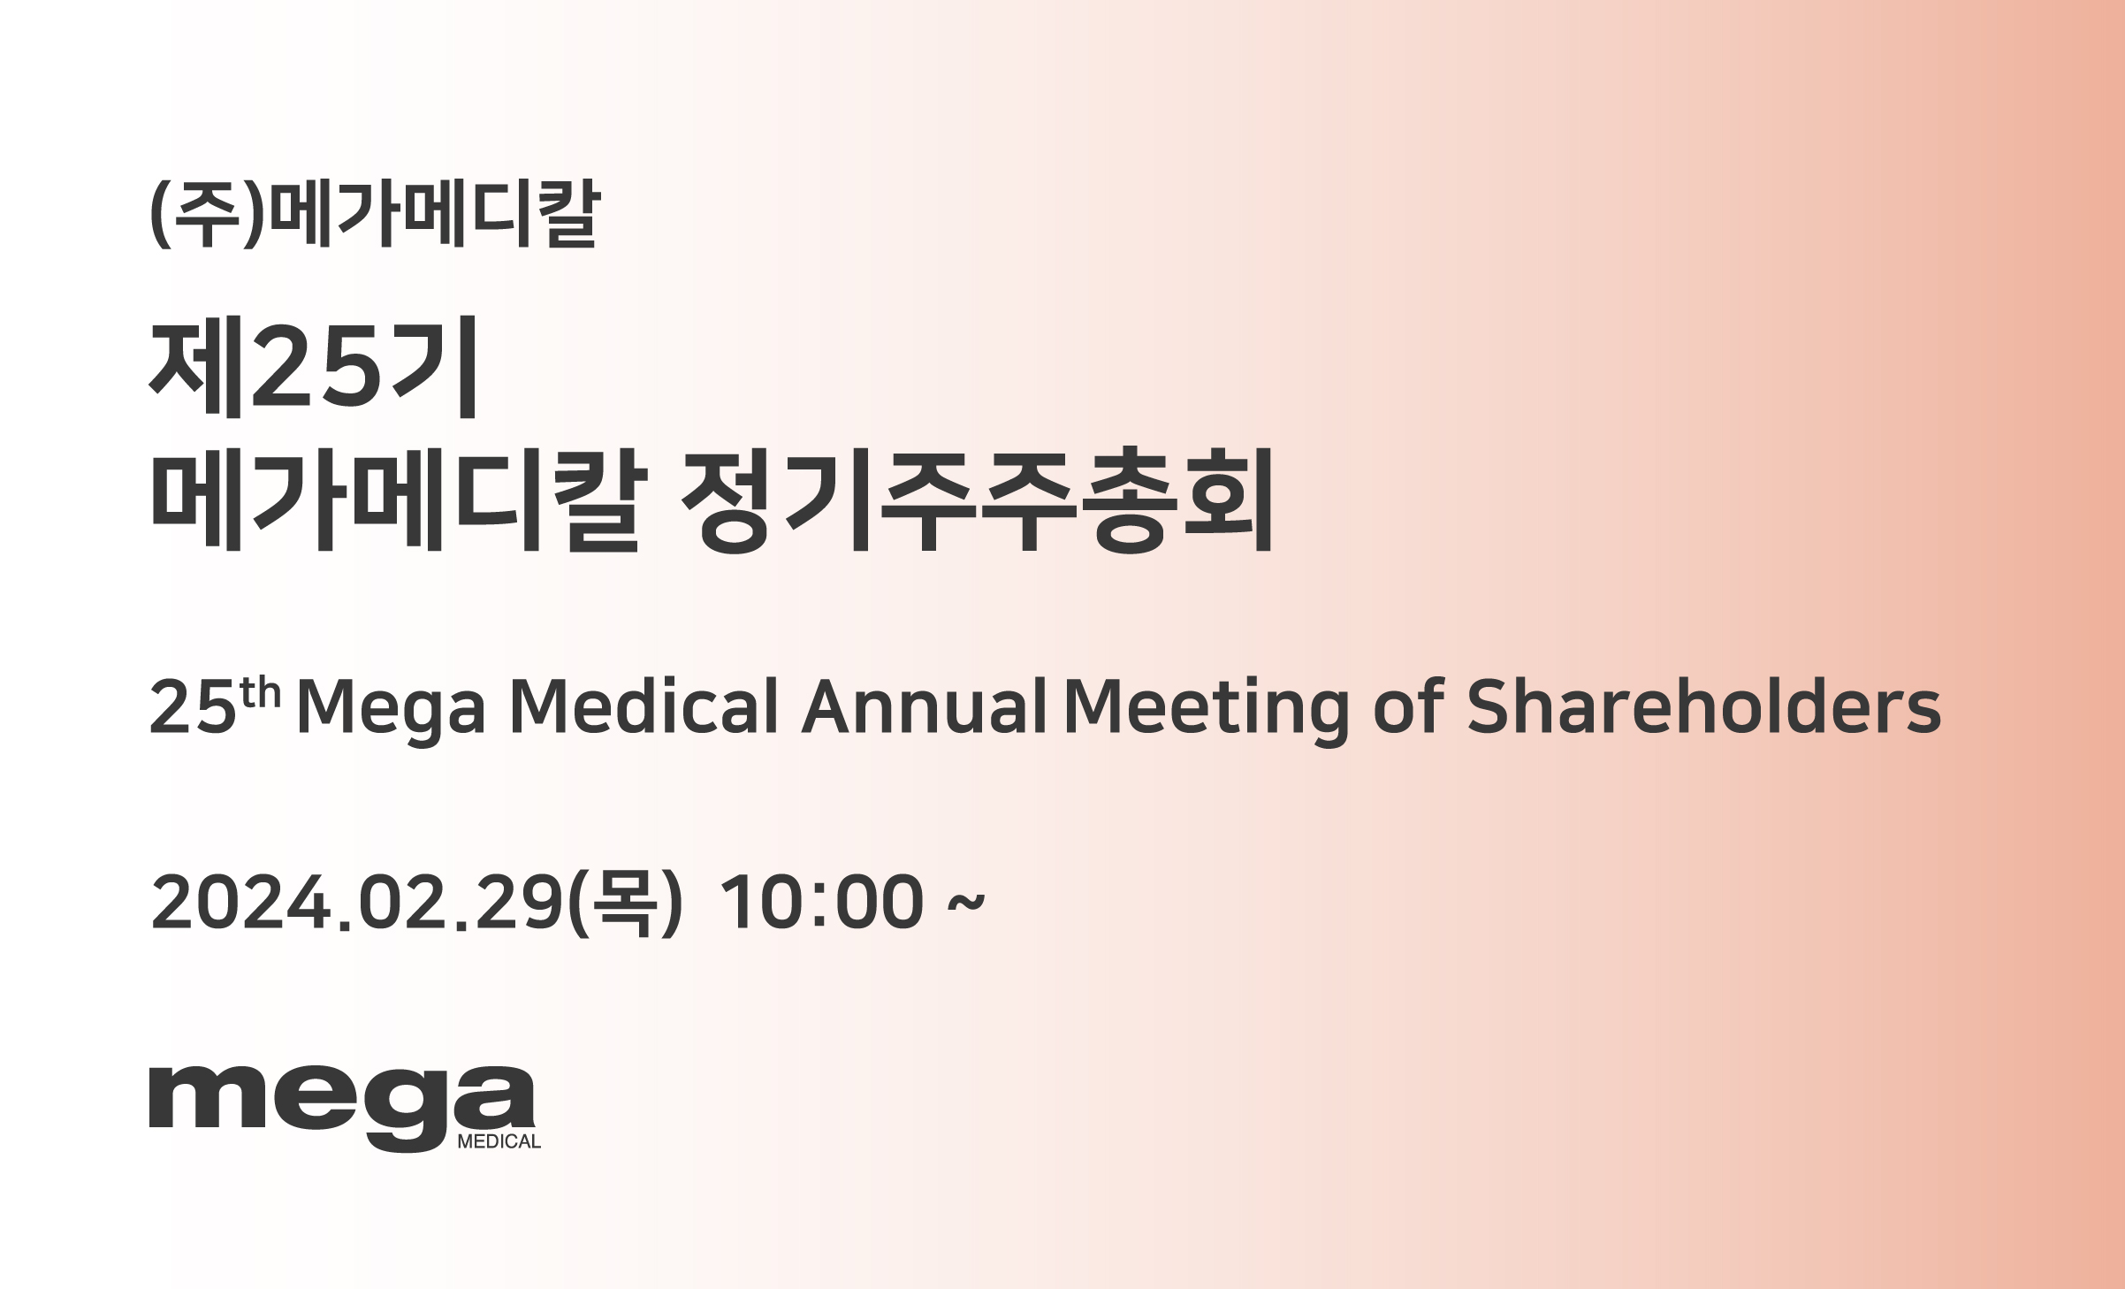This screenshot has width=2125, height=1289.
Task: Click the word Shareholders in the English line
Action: click(1703, 707)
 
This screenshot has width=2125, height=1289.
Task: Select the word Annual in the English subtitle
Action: click(925, 707)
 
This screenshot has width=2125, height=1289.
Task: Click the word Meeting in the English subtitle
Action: click(1207, 712)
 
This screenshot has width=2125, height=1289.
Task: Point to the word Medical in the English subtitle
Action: click(644, 707)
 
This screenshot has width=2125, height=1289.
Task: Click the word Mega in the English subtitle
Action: click(391, 713)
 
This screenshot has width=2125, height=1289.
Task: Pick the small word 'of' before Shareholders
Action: click(1409, 707)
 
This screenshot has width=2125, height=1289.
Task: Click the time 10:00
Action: click(823, 903)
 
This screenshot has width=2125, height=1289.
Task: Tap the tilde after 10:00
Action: click(966, 903)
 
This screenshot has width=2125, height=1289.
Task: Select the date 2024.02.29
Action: click(357, 903)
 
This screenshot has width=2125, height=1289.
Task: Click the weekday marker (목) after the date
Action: click(625, 903)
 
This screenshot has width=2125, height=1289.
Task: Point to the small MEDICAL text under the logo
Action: click(499, 1141)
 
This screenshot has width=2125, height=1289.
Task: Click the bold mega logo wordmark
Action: click(342, 1109)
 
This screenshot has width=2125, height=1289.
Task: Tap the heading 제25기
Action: click(315, 366)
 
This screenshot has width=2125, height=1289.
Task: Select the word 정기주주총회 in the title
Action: click(977, 500)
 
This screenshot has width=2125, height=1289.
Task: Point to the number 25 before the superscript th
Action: click(194, 707)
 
